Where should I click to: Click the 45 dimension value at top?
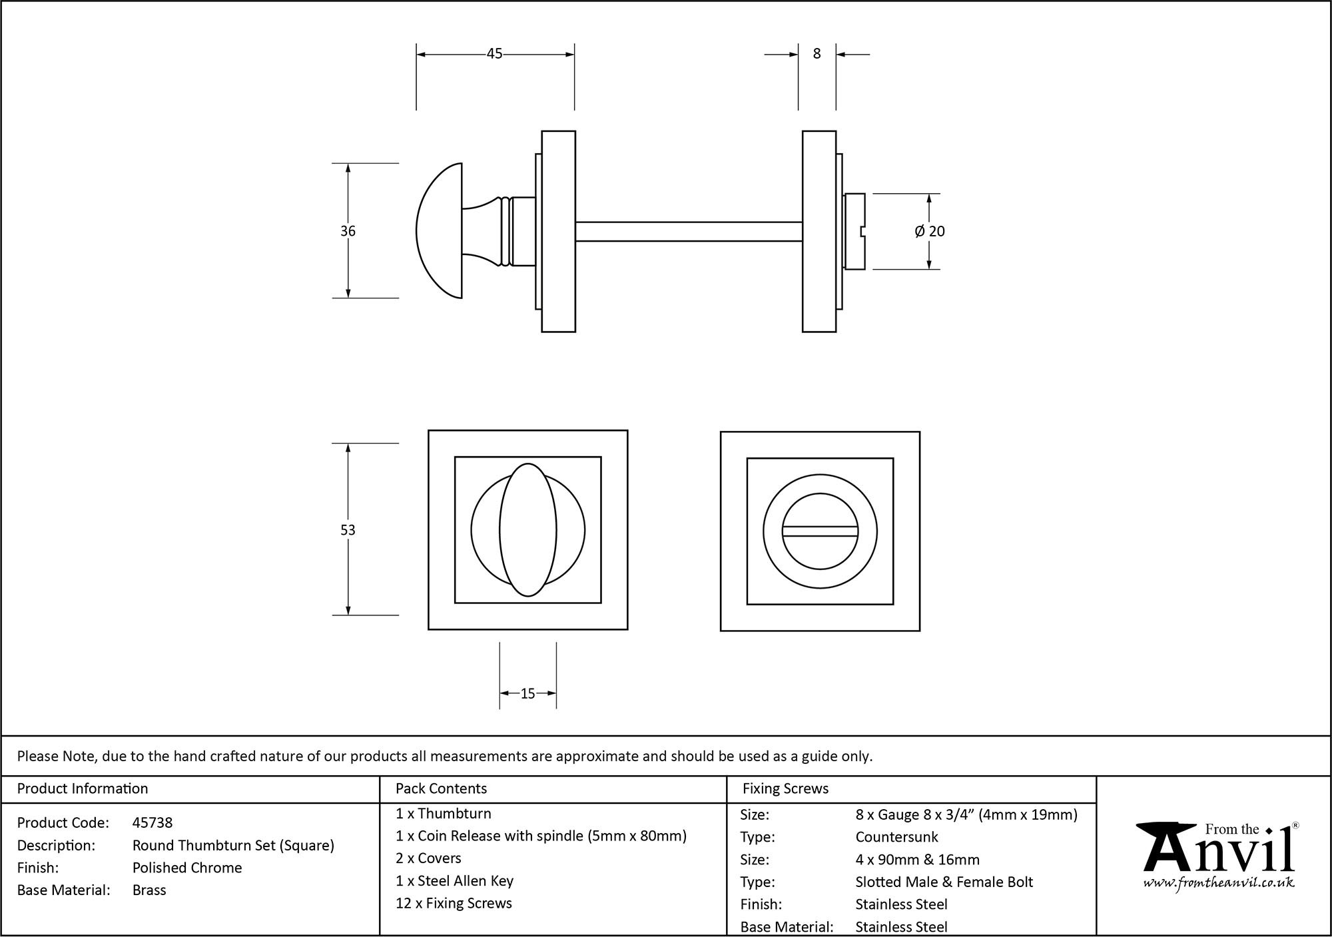[494, 54]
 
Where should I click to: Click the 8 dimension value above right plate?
[817, 54]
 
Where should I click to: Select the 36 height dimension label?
[348, 231]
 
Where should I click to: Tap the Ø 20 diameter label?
[930, 231]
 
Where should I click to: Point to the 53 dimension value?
[348, 530]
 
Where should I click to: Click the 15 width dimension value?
[527, 694]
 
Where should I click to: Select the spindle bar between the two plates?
[688, 231]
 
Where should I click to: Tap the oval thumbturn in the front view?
[527, 530]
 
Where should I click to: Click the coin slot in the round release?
[820, 531]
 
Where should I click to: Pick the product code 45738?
[153, 822]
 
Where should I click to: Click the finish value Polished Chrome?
[187, 868]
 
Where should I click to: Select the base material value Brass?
[149, 890]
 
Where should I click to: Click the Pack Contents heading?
[441, 788]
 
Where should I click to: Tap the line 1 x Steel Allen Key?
[454, 881]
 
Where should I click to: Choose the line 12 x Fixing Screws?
[454, 904]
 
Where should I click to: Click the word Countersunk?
[896, 837]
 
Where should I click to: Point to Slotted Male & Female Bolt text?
[944, 882]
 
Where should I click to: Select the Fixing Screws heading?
[785, 788]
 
